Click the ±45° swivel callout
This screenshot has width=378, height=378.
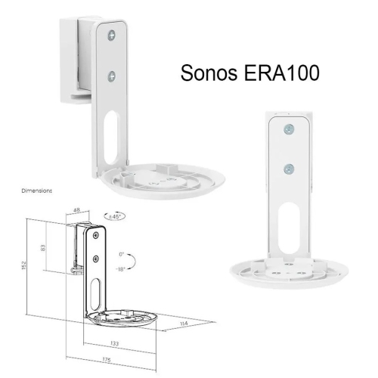pyautogui.click(x=117, y=217)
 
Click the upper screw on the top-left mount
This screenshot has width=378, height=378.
pyautogui.click(x=113, y=34)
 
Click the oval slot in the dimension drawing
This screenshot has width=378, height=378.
pyautogui.click(x=96, y=292)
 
